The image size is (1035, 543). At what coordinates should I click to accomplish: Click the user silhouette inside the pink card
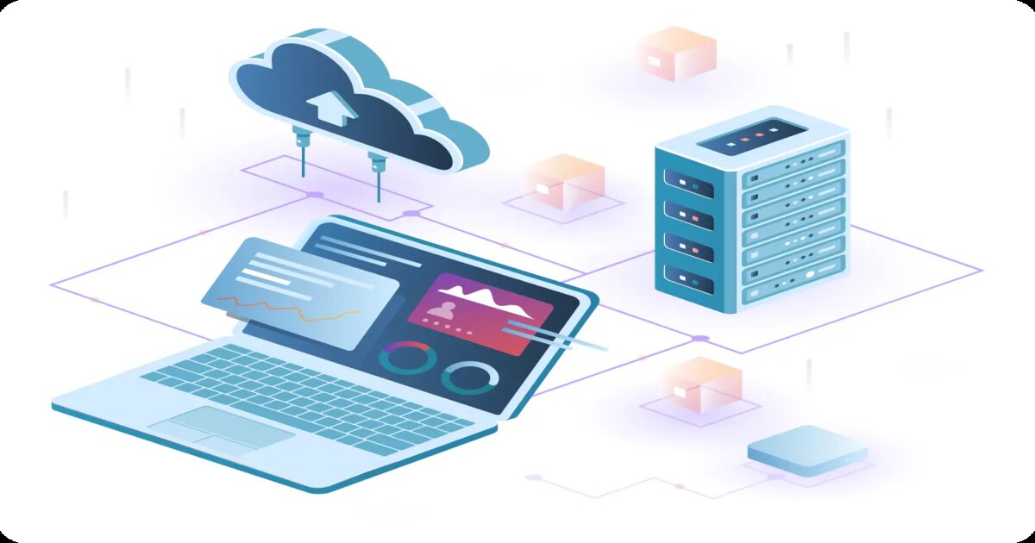pyautogui.click(x=446, y=306)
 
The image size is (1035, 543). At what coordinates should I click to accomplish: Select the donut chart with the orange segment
pyautogui.click(x=408, y=357)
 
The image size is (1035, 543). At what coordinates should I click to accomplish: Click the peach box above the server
pyautogui.click(x=677, y=53)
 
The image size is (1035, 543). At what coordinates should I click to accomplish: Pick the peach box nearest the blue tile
pyautogui.click(x=702, y=384)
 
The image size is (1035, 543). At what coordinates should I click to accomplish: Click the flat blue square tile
pyautogui.click(x=807, y=451)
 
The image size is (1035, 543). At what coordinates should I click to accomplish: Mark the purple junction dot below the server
pyautogui.click(x=700, y=339)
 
